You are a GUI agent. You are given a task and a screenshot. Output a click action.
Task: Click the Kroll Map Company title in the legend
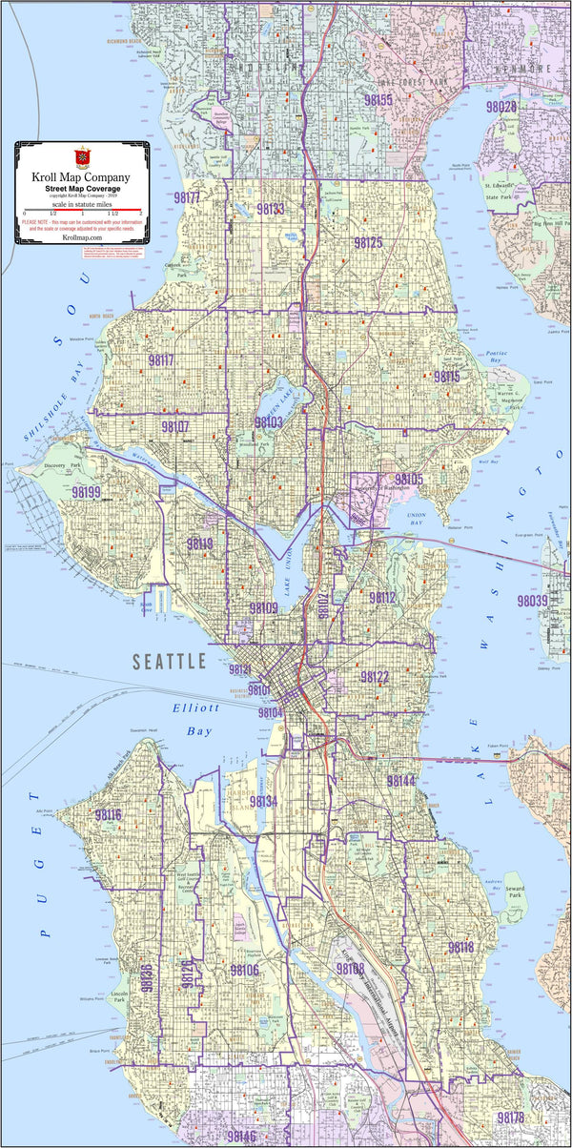tap(81, 177)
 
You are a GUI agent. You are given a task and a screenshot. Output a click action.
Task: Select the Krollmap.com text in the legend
tap(81, 238)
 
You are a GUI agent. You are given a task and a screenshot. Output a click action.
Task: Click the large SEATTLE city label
tap(169, 661)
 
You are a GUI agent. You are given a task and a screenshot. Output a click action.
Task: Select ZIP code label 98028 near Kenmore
tap(501, 107)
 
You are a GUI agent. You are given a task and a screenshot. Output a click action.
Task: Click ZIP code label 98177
tap(187, 198)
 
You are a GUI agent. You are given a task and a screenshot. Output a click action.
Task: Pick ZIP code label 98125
tap(368, 243)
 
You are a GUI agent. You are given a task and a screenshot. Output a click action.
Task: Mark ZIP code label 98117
tap(161, 360)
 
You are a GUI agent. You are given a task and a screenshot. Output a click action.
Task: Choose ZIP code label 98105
tap(409, 479)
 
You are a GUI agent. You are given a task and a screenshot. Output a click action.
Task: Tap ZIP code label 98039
tap(533, 602)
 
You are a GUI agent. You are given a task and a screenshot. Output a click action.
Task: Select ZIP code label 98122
tap(375, 677)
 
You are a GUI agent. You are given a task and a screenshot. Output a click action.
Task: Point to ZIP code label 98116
tap(108, 814)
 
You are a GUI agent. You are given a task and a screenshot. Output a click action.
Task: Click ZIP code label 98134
tap(263, 802)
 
